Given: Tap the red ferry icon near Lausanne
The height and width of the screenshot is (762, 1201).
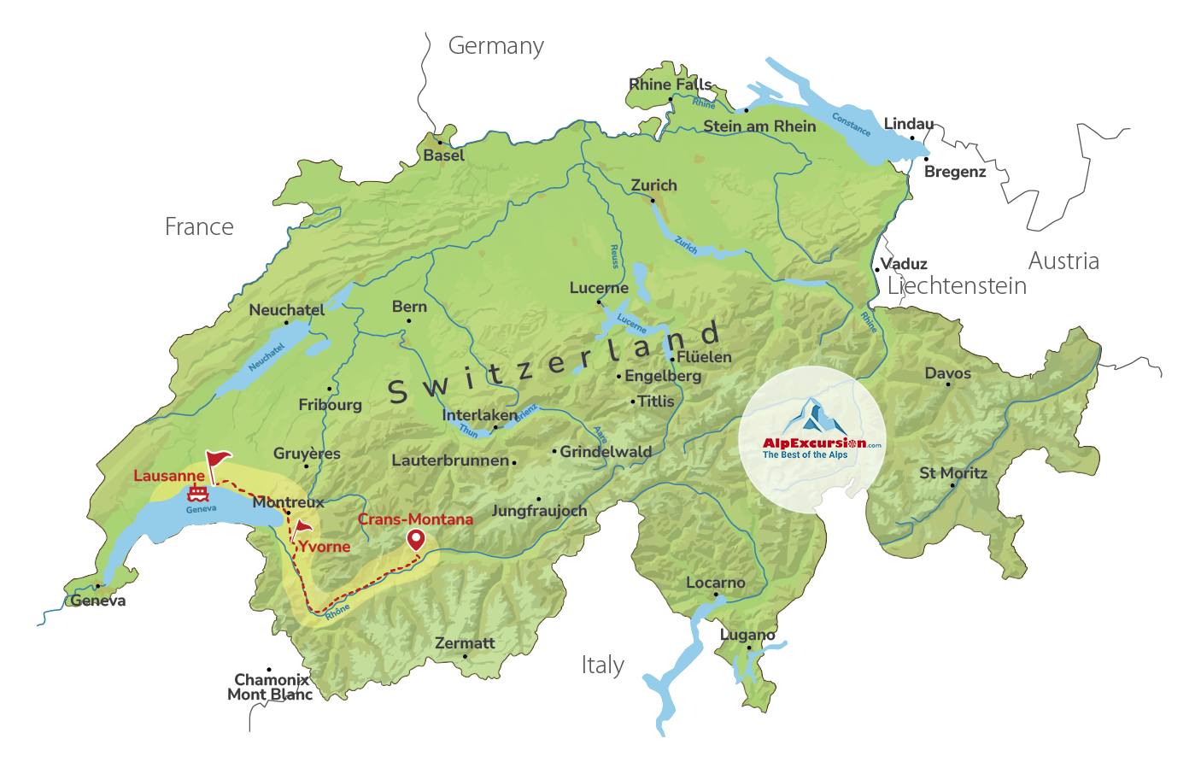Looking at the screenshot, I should point(198,493).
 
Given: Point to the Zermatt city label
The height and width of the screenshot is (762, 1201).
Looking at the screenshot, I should point(465,643).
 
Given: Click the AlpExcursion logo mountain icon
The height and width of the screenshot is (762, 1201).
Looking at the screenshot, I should point(812,416).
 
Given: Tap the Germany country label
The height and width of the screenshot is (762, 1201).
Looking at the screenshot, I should point(495,46).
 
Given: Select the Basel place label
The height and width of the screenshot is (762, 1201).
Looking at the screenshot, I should point(444,155).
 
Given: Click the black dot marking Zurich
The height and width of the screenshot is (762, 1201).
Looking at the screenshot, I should point(653,201).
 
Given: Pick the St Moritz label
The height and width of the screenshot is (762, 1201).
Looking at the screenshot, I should point(952,472).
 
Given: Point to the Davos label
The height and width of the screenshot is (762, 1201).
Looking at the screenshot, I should point(947,373).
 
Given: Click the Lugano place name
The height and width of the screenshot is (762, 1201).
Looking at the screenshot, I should point(747,635).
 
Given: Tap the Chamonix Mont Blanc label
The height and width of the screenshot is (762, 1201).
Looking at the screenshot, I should point(271,687).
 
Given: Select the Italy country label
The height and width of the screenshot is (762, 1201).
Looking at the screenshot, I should point(602,665).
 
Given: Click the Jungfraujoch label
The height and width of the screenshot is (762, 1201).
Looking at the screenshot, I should point(539,511).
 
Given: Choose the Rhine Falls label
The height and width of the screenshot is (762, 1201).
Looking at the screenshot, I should point(670,85).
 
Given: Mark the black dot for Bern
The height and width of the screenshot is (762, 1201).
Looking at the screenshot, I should point(409,321).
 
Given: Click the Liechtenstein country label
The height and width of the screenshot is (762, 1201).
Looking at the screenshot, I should point(957,286).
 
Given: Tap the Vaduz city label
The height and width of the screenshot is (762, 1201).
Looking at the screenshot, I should point(905,264).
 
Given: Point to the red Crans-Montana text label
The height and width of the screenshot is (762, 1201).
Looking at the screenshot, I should point(415,519).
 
